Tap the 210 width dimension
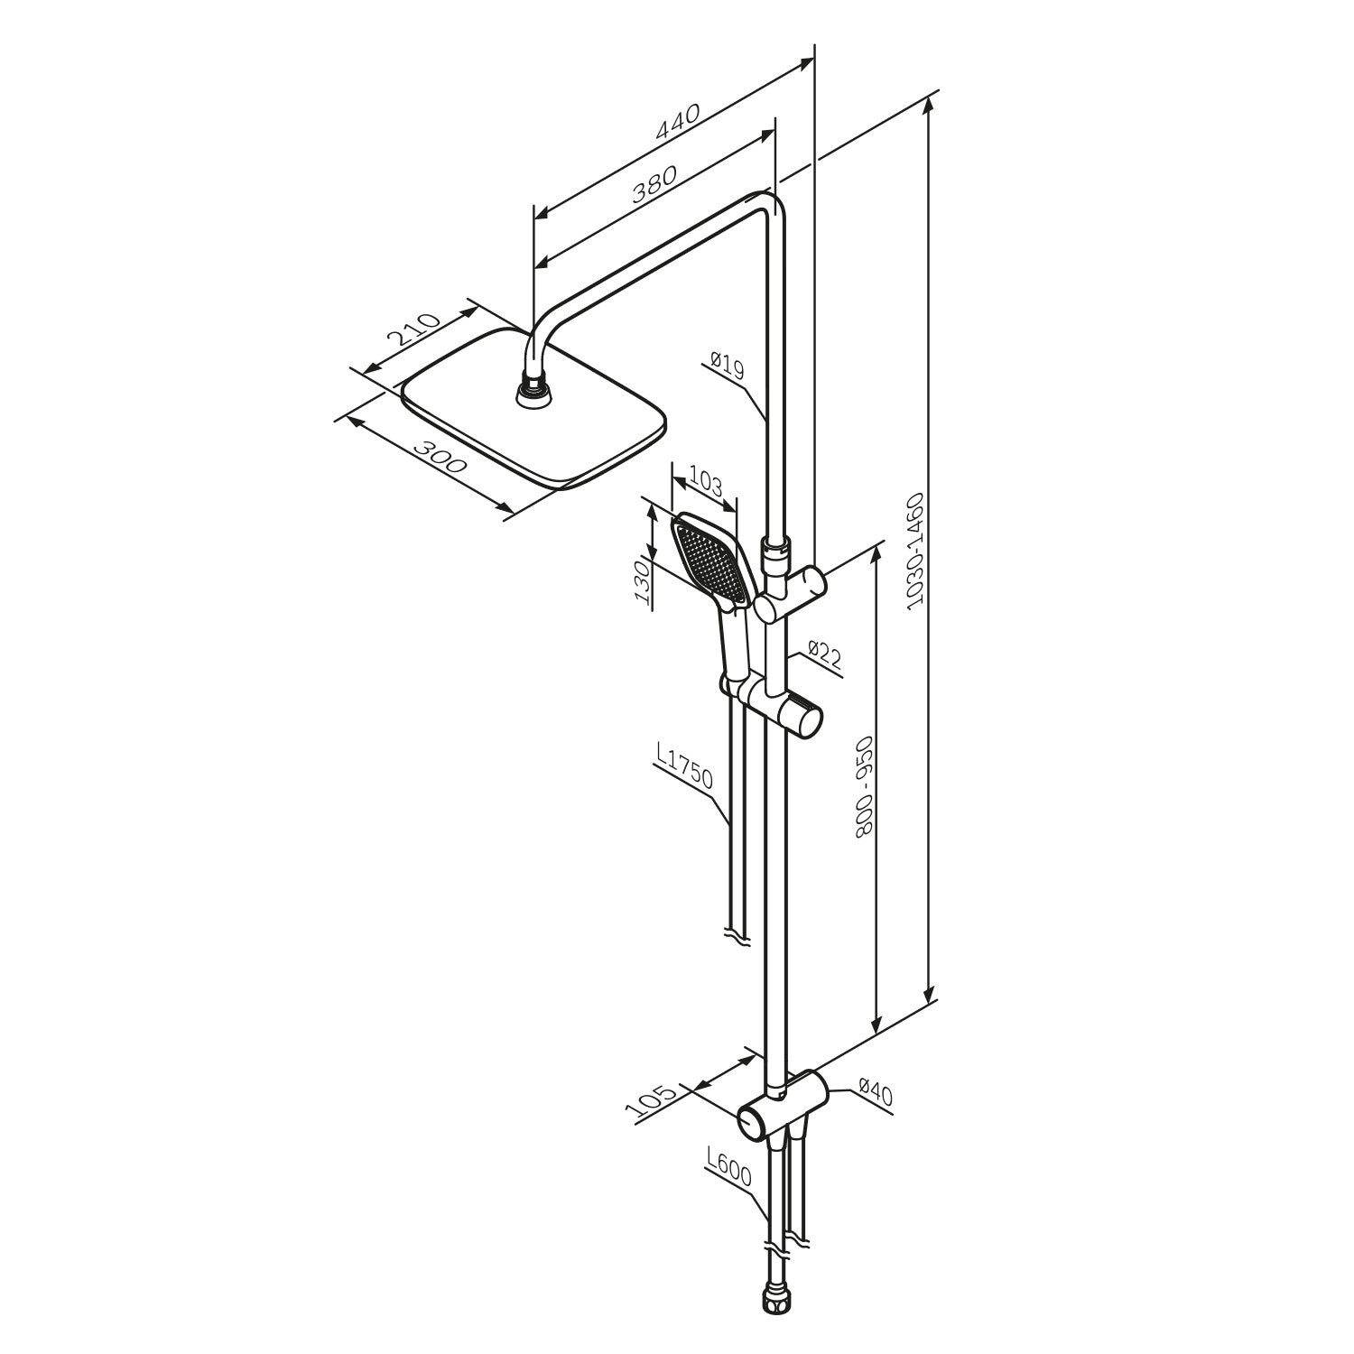(413, 331)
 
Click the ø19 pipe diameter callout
(726, 366)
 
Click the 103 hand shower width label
(705, 481)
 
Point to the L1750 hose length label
(687, 767)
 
